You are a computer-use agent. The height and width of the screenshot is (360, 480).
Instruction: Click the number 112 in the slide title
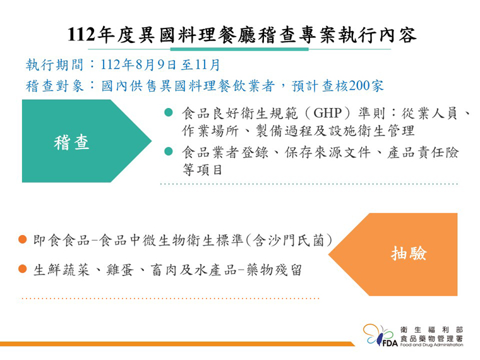(81, 34)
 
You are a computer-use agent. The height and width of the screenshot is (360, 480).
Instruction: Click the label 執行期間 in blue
(54, 65)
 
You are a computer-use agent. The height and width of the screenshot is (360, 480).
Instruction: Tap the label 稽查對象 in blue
(54, 86)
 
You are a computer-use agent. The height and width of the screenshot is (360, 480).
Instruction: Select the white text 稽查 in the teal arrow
(71, 143)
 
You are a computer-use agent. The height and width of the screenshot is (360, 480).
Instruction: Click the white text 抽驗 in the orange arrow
(409, 254)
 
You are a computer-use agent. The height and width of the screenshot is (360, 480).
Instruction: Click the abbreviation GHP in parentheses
(328, 113)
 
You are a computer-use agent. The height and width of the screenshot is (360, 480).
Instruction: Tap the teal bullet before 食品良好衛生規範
(169, 112)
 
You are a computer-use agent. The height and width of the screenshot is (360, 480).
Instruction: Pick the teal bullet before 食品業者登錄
(169, 151)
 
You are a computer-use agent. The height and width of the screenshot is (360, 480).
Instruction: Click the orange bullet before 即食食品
(23, 239)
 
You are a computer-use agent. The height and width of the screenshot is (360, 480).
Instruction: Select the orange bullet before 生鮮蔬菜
(23, 269)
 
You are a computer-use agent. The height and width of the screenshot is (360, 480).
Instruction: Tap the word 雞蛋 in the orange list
(120, 270)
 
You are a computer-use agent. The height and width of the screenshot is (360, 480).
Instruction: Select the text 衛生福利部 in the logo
(431, 330)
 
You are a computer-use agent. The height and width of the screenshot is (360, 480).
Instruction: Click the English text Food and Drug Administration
(431, 345)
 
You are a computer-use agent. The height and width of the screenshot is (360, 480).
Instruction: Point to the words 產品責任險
(423, 152)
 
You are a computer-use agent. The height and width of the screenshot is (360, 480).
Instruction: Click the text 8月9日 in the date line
(156, 65)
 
